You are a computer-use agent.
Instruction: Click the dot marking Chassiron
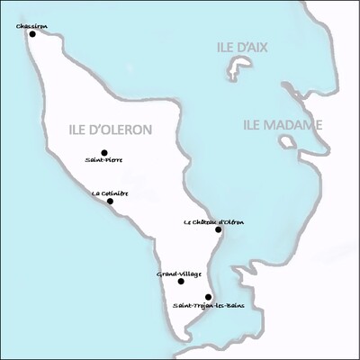[32, 34]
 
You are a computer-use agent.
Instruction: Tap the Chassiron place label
[31, 25]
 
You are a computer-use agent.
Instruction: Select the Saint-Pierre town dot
[104, 153]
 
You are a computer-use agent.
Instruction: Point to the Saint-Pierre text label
[104, 161]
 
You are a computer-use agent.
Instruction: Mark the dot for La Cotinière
[110, 201]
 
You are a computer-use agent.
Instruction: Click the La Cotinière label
[108, 192]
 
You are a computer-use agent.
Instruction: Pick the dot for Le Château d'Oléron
[219, 229]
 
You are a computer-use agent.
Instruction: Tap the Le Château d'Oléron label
[213, 221]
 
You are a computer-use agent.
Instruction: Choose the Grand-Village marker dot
[181, 281]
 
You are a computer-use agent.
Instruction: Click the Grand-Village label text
[178, 273]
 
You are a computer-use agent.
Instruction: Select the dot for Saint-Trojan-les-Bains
[208, 297]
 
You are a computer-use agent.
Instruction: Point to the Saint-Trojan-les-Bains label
[208, 306]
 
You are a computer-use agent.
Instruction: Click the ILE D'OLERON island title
[110, 130]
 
